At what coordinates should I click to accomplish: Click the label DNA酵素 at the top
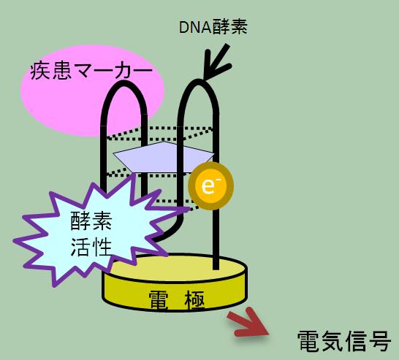coord(213,27)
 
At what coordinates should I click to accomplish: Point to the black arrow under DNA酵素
coord(216,62)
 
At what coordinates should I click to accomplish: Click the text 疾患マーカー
coord(91,71)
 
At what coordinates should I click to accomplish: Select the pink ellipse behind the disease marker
coord(92,91)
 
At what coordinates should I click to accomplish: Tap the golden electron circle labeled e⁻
coord(210,186)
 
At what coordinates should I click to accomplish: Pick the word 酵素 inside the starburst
coord(91,221)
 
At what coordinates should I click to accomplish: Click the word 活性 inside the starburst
coord(91,247)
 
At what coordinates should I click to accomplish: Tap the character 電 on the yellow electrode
coord(159,301)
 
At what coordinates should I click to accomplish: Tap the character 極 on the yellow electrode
coord(195,301)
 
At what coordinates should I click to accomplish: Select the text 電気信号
coord(343,341)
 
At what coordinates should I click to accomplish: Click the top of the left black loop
coord(124,83)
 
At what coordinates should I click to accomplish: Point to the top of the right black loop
coord(198,82)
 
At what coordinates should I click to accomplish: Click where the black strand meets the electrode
coord(216,267)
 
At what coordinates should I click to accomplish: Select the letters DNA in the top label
coord(195,28)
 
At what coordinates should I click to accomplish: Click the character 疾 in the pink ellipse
coord(40,72)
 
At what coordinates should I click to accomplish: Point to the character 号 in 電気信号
coord(380,341)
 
